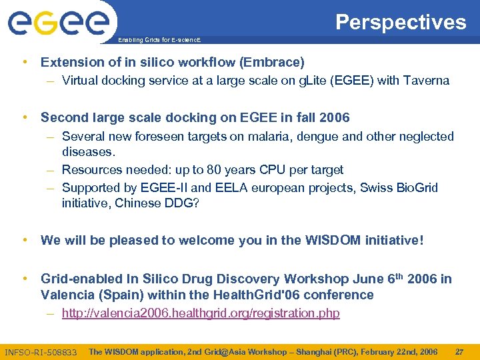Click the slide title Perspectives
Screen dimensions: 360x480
point(401,22)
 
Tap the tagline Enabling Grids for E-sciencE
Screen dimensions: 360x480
point(158,40)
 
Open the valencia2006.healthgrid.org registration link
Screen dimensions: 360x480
point(201,313)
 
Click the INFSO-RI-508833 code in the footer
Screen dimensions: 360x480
point(41,352)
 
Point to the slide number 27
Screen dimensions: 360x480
point(459,351)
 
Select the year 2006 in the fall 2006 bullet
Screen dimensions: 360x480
point(334,118)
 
